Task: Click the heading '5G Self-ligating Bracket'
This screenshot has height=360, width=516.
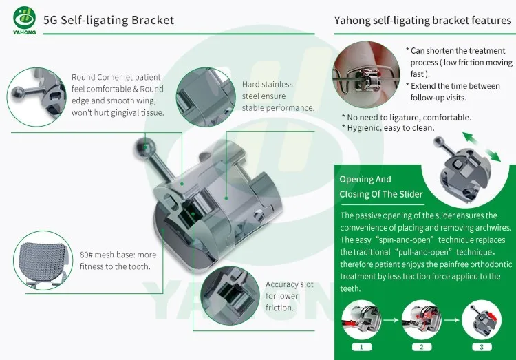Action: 108,20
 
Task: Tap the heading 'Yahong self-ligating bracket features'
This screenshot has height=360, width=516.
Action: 422,20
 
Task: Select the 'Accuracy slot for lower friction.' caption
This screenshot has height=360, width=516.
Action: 289,296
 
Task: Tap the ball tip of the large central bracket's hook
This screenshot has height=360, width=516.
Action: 144,145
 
